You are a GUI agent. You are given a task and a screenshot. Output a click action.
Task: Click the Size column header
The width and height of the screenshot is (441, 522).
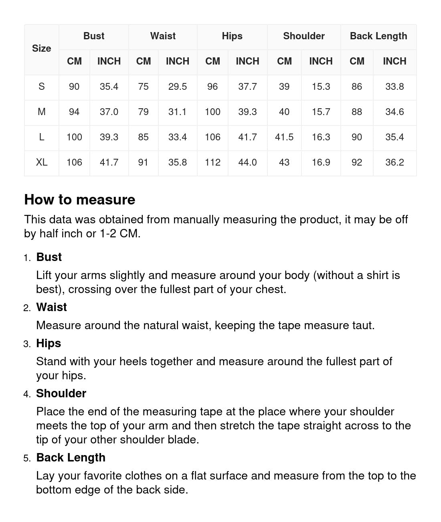[42, 49]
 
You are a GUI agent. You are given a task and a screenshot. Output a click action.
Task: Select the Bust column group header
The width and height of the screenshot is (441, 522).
[94, 36]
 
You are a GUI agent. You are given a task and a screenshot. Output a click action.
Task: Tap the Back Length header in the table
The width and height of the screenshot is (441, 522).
[378, 36]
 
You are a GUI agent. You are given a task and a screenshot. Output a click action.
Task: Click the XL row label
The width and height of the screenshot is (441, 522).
[42, 162]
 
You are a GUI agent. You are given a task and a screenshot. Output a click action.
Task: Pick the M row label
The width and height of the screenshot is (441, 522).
[42, 112]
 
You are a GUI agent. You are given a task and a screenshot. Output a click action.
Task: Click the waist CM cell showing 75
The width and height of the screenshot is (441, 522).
[143, 87]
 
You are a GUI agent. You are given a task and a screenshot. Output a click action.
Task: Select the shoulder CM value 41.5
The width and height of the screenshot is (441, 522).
[284, 137]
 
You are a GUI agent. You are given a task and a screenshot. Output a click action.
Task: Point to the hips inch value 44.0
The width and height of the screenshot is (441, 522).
[247, 162]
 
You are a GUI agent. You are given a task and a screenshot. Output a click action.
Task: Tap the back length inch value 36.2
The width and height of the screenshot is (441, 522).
[394, 162]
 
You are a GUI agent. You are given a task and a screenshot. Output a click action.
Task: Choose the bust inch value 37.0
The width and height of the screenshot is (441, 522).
[109, 112]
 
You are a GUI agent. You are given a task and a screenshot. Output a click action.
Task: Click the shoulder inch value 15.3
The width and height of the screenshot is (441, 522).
[321, 87]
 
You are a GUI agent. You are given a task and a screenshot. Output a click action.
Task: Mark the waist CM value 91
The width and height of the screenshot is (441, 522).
[143, 162]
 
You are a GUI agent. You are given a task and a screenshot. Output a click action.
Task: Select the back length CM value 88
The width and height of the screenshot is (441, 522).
[357, 112]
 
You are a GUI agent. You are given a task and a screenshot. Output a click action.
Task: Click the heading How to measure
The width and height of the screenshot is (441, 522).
[80, 200]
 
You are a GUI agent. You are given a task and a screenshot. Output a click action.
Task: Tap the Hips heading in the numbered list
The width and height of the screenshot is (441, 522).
[49, 343]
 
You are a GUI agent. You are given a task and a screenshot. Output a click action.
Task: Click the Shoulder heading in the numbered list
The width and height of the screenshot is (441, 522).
[61, 393]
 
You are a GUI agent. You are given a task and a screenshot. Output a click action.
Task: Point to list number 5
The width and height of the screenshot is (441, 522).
[27, 458]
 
